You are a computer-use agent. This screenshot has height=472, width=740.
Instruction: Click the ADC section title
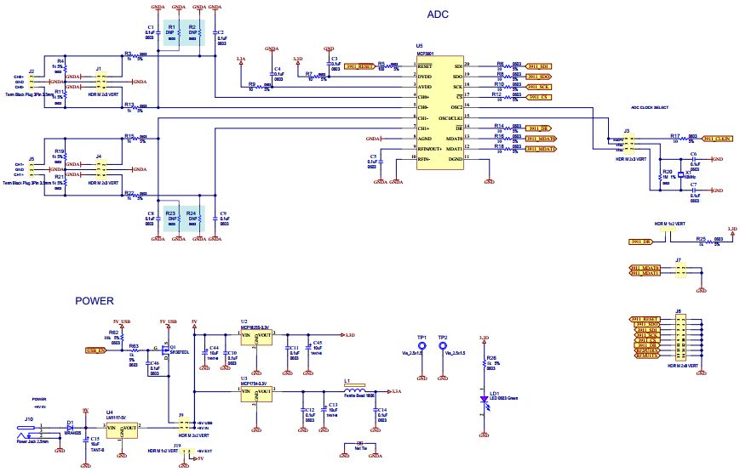437,15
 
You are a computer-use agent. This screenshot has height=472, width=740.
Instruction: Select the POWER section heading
95,300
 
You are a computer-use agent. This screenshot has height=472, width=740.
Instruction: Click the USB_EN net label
95,350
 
